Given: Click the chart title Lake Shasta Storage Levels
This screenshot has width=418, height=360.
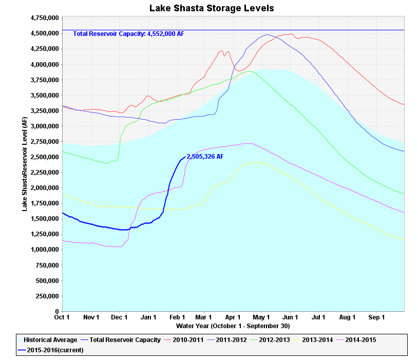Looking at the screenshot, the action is [212, 8].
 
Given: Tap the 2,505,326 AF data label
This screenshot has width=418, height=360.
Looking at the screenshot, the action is [205, 157].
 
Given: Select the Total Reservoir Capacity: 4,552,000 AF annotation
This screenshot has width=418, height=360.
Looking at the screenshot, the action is [128, 33].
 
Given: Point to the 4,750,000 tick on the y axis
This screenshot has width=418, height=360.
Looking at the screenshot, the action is [45, 18].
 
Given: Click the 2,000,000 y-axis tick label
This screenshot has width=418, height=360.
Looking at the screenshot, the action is [45, 188].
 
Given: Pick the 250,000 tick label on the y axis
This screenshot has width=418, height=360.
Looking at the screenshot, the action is [47, 296].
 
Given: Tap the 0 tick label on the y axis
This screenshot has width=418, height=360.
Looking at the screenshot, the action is [57, 311].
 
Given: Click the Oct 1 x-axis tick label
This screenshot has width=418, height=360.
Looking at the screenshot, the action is [62, 317].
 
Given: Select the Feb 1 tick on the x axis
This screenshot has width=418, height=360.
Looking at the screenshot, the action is [177, 317].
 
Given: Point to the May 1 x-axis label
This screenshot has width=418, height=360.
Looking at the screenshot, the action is [261, 317].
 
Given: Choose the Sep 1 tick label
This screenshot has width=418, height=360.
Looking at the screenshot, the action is [376, 317].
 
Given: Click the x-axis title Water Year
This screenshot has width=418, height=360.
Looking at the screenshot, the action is [233, 326].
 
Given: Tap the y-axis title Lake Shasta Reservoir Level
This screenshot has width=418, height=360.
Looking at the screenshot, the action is [25, 164].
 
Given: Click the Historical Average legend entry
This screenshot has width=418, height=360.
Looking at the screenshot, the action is [48, 340].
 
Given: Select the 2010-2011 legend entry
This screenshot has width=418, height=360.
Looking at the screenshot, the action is [184, 340].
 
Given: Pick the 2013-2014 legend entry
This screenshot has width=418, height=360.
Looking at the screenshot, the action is [313, 340].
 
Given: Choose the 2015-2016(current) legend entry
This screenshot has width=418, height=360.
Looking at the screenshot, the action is [51, 350].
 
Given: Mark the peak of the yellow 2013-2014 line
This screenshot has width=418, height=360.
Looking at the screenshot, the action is [257, 162].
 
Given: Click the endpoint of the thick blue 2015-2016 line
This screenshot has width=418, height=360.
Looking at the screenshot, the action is [185, 157].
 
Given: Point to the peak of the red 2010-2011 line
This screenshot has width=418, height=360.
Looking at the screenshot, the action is [292, 34].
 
